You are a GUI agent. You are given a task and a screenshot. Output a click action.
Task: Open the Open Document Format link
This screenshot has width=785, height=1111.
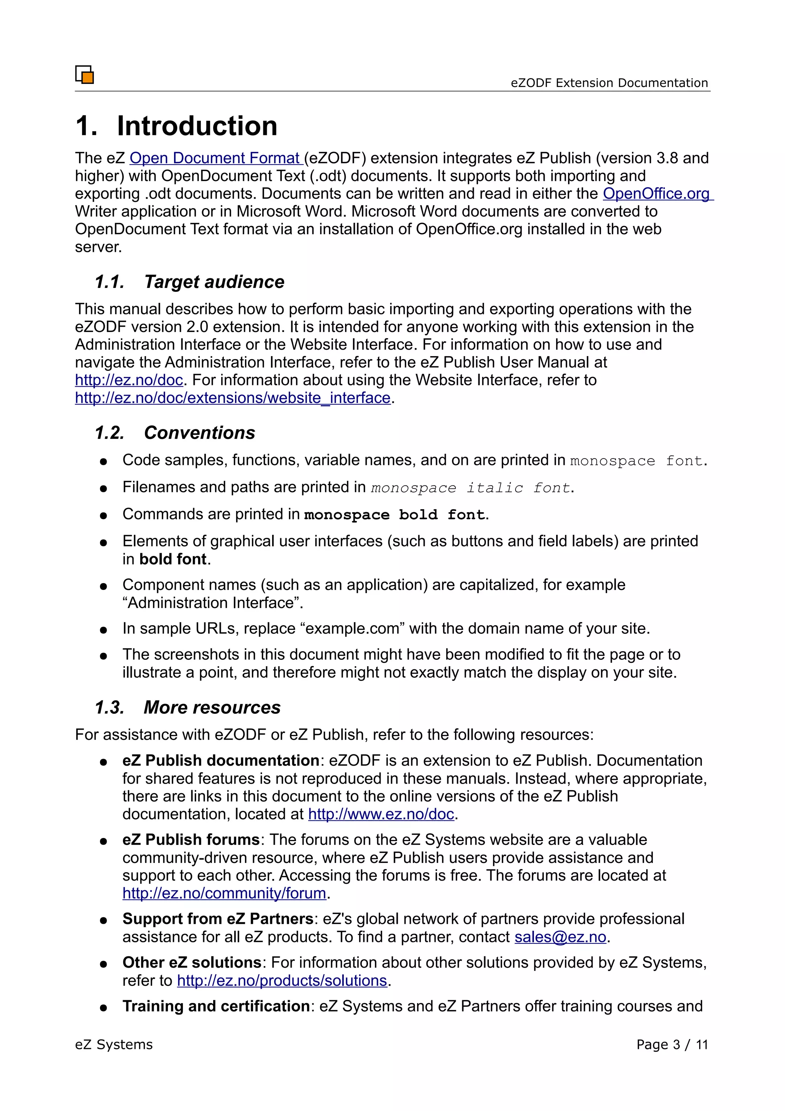coord(215,158)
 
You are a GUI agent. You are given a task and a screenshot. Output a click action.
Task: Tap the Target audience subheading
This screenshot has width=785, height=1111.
coord(214,282)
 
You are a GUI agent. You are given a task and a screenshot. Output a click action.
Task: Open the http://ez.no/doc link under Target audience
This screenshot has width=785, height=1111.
coord(129,380)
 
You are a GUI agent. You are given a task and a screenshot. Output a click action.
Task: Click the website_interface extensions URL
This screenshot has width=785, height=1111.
coord(232,398)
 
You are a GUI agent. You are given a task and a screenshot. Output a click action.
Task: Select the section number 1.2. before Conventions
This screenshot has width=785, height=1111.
coord(109,432)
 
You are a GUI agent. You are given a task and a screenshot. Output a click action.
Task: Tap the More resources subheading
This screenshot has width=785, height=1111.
coord(212,707)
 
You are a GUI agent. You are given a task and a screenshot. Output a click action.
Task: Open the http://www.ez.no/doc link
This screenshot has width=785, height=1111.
coord(381,814)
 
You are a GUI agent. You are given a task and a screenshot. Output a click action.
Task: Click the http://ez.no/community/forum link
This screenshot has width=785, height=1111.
coord(224,893)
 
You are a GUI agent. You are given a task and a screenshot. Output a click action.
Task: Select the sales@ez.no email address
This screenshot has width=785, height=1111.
coord(560,937)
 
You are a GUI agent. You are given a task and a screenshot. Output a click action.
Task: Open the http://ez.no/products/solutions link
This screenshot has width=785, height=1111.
coord(282,980)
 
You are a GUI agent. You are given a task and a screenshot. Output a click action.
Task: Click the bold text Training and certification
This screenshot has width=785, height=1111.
coord(216,1006)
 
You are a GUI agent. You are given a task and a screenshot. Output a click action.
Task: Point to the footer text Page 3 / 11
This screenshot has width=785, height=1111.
coord(672,1045)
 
